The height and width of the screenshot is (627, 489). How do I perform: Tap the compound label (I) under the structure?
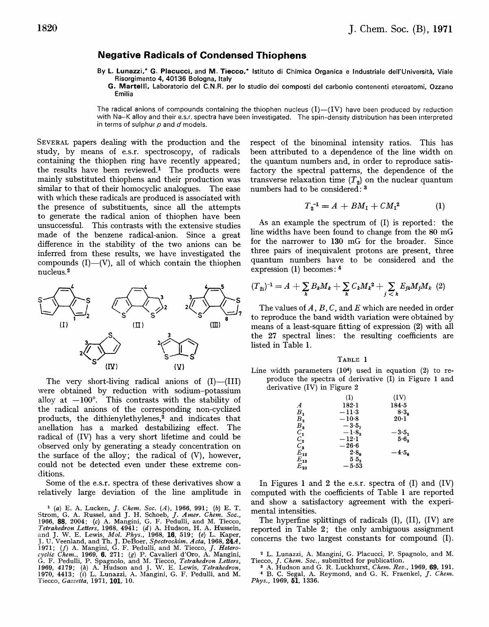(64, 325)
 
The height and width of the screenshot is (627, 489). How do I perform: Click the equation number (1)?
(440, 206)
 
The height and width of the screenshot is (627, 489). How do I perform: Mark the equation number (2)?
(440, 286)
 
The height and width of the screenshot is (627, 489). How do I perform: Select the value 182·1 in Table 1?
(350, 405)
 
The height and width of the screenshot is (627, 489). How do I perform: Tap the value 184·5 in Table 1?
(399, 405)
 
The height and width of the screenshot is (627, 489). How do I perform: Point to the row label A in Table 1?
(300, 405)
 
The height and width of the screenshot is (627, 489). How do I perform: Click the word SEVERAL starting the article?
(53, 143)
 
